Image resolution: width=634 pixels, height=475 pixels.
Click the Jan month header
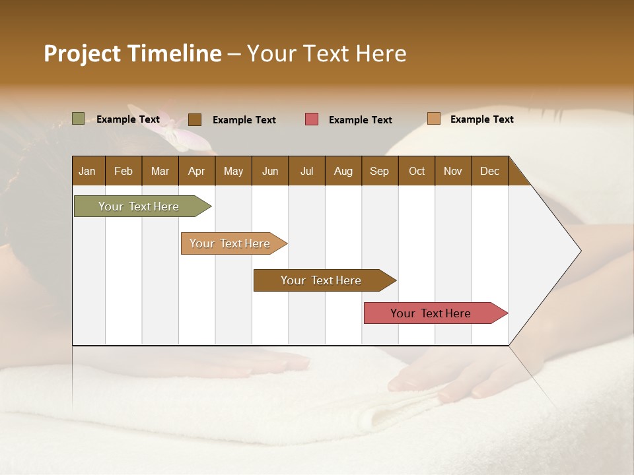point(87,171)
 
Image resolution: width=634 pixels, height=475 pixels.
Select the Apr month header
point(196,171)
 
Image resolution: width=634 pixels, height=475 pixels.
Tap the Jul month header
point(306,171)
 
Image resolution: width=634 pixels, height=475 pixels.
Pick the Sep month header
point(379,171)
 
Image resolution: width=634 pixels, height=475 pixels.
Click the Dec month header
point(489,171)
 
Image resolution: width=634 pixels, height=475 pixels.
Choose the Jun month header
point(270,171)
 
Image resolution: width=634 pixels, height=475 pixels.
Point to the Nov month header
point(452,171)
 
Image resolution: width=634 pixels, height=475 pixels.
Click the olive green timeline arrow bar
point(139,206)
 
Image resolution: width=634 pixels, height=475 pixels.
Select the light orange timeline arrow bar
point(230,243)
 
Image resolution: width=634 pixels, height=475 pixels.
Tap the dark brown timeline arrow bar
point(321,280)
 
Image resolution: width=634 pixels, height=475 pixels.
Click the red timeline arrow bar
point(431,313)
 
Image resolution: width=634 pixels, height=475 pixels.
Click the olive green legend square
point(78,119)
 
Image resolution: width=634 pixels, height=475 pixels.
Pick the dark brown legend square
point(194,119)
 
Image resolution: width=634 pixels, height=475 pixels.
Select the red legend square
point(311,119)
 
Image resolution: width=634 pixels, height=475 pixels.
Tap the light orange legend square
point(433,119)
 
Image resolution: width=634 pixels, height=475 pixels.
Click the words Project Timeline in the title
point(132,53)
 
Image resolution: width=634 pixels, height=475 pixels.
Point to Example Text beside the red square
point(360,120)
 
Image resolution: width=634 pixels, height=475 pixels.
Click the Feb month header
point(123,171)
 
